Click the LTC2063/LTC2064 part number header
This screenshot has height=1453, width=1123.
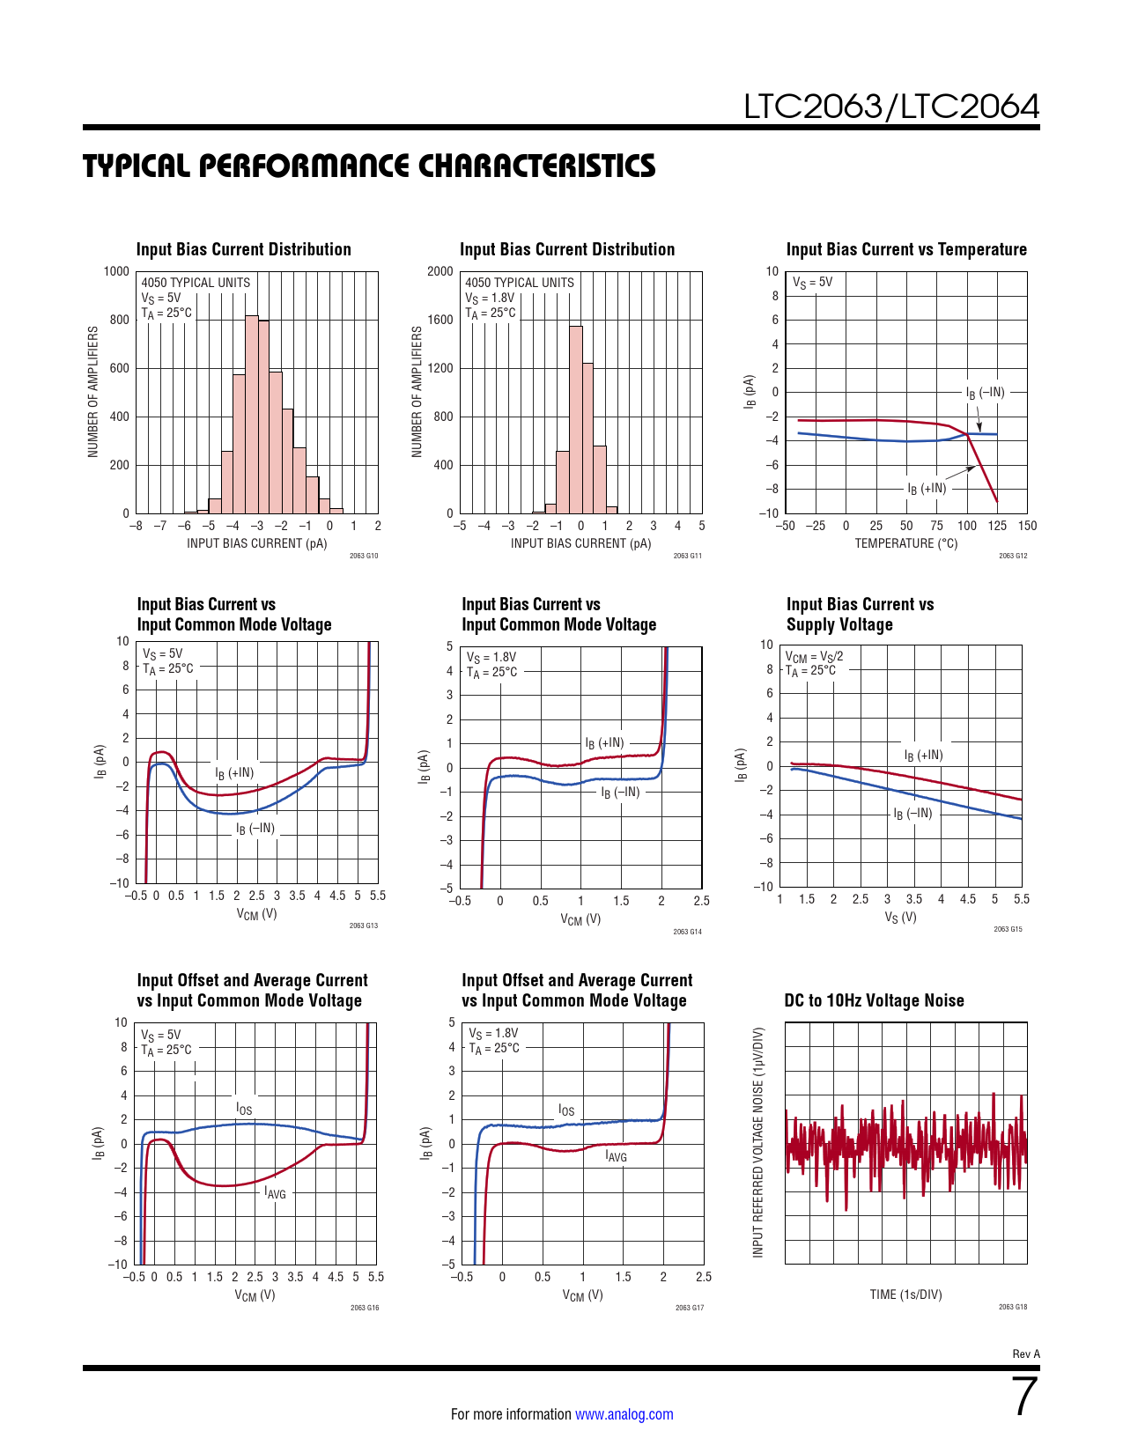(891, 107)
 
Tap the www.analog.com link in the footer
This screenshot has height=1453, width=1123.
(624, 1414)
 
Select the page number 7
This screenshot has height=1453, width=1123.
(1024, 1397)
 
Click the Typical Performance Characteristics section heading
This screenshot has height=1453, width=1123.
(369, 166)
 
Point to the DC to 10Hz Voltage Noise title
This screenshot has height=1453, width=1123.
(874, 1000)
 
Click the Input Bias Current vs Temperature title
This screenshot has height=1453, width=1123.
(906, 249)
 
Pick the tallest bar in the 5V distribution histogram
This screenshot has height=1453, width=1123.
(251, 414)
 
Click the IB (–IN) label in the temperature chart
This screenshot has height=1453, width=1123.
(985, 393)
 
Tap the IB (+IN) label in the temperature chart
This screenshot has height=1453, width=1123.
(927, 489)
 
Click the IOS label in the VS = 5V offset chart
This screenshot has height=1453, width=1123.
(244, 1109)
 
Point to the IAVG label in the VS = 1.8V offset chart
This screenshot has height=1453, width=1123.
(616, 1156)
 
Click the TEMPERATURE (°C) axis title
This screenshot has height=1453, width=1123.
(905, 543)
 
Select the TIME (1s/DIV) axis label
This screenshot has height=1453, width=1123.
(905, 1294)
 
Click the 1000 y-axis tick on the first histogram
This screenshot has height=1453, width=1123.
(116, 271)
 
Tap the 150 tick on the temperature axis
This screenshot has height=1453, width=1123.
(1027, 526)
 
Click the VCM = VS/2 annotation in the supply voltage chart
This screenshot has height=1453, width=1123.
(814, 656)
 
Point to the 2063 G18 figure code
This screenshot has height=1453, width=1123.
(1013, 1307)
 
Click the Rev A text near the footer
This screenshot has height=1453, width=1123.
(1026, 1354)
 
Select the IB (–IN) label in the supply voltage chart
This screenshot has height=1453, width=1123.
(912, 814)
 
